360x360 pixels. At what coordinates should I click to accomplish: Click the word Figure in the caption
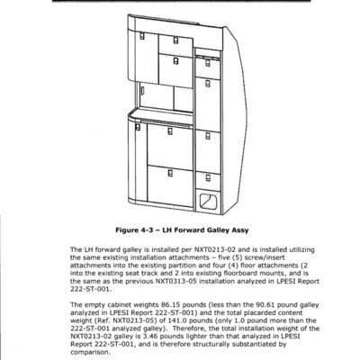126,230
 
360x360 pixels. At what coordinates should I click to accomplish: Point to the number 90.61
265,305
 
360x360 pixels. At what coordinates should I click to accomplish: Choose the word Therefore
189,328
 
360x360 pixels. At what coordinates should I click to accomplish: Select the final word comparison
90,352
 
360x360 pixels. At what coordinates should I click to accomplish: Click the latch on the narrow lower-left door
138,127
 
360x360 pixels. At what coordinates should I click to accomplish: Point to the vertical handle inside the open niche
143,90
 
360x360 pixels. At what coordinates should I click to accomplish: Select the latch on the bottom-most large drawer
170,173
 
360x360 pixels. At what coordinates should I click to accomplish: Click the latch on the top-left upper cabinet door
142,36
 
